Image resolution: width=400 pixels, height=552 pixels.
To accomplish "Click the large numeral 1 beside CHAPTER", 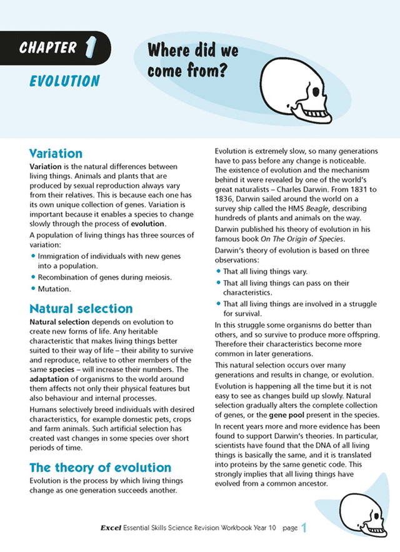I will pos(92,46).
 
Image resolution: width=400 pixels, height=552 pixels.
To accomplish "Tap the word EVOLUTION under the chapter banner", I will pos(64,81).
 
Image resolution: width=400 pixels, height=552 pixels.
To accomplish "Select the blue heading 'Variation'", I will pos(56,153).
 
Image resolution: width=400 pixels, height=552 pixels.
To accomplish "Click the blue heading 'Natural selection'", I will pos(81,308).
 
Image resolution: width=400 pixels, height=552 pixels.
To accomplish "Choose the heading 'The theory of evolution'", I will pos(100,467).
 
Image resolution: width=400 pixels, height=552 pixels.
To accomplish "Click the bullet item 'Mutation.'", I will pos(54,289).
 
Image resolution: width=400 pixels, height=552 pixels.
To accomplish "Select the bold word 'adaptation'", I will pos(51,379).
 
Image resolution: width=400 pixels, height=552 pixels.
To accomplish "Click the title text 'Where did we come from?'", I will pos(194,61).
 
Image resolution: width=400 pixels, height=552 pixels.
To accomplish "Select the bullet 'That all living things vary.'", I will pos(266,272).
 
